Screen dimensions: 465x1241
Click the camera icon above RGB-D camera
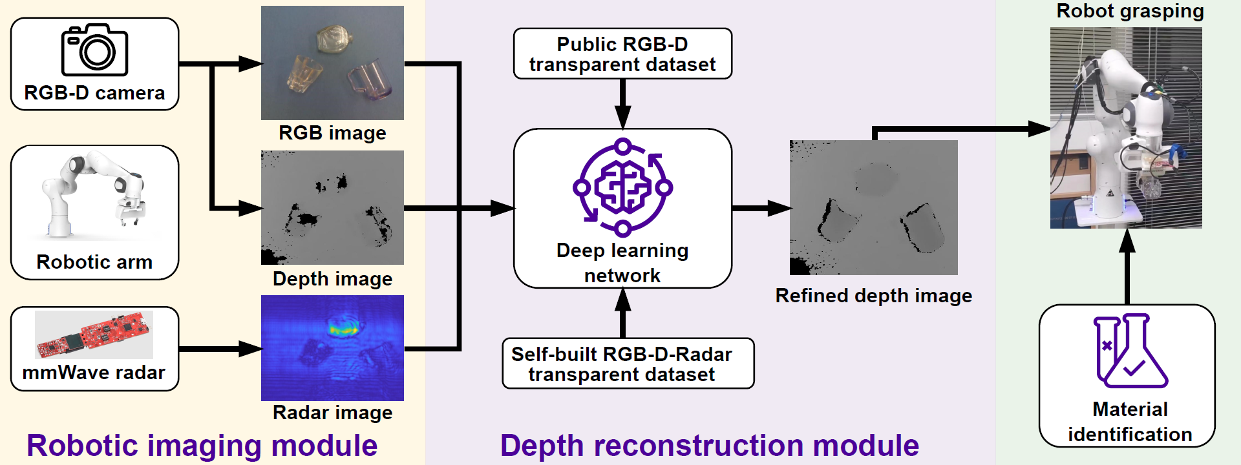tap(94, 50)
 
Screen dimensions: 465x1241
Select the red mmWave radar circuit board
tap(94, 335)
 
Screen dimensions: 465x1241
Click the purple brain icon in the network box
tap(622, 187)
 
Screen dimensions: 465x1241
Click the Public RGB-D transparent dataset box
tap(622, 54)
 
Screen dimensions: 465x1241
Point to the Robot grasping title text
tap(1130, 11)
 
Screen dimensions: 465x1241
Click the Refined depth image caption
tap(873, 296)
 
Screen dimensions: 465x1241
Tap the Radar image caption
tap(332, 413)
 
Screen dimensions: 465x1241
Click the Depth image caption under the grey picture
tap(332, 279)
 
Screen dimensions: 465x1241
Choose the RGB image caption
tap(332, 133)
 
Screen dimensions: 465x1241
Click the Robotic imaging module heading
tap(202, 446)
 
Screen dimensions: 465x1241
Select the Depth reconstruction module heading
tap(709, 446)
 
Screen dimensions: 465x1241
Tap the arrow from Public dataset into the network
tap(622, 103)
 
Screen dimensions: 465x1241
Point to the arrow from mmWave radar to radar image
tap(220, 349)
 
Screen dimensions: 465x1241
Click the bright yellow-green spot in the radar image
tap(343, 328)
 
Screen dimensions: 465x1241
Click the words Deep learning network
tap(622, 263)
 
